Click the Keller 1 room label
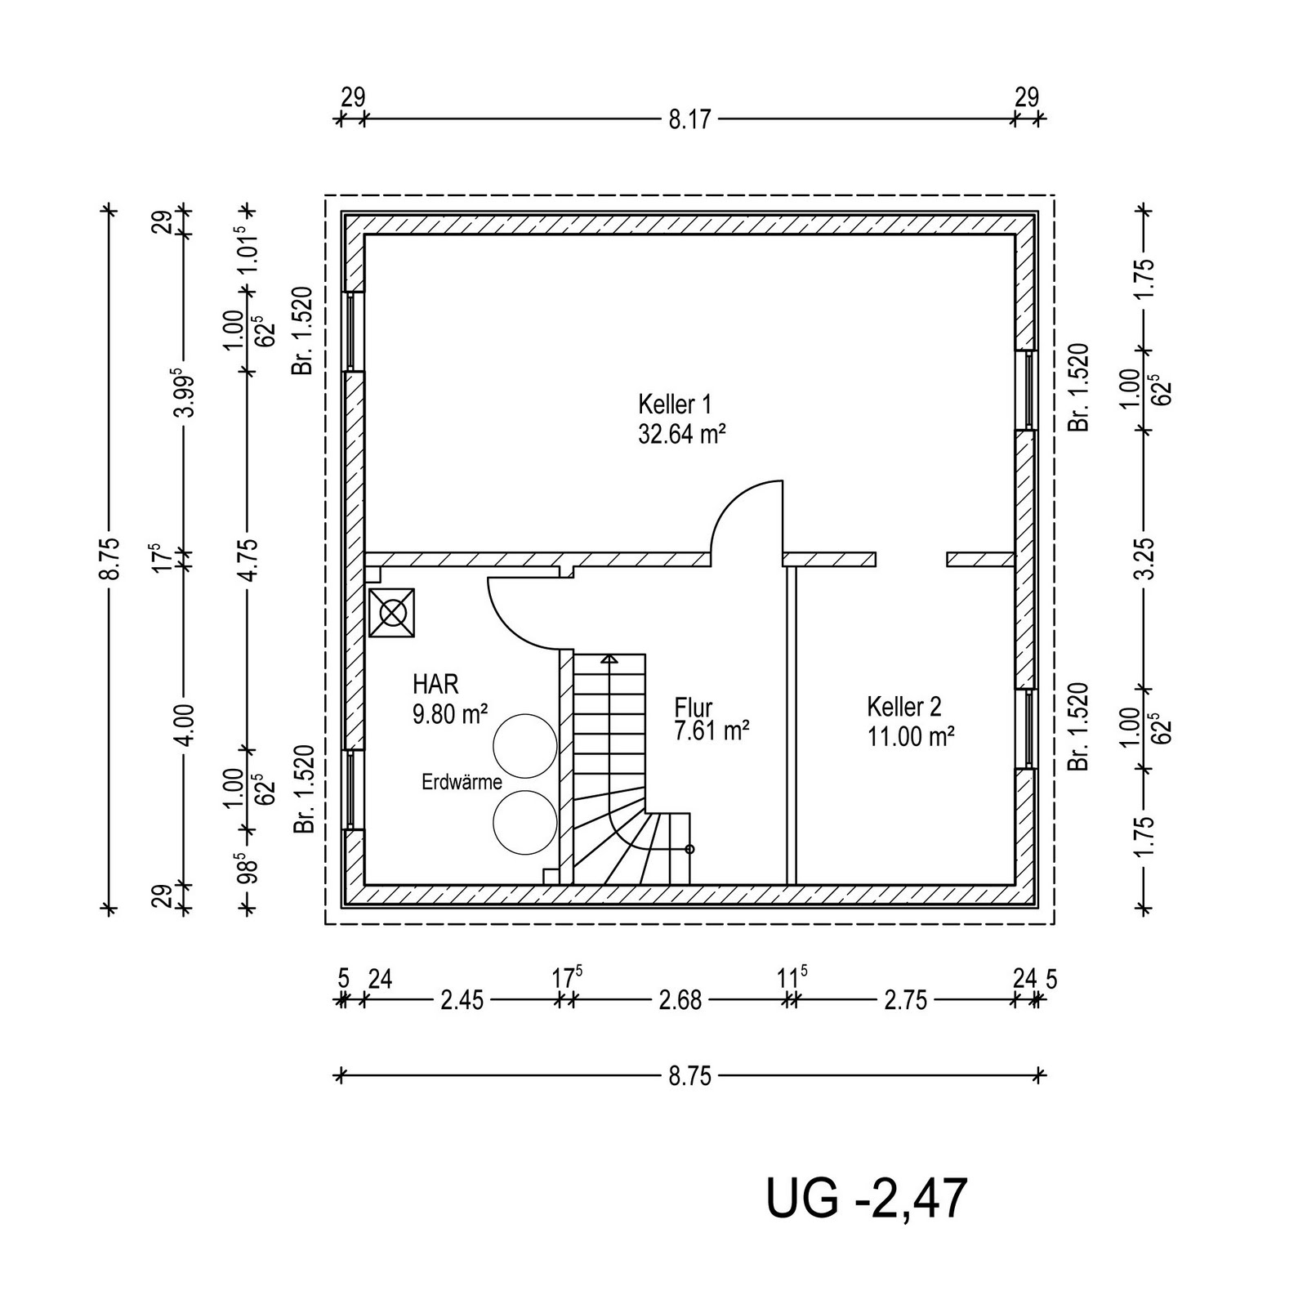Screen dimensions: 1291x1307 coord(675,404)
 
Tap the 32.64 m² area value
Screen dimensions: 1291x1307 coord(682,433)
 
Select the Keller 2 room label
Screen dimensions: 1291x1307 coord(904,707)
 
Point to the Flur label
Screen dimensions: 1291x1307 coord(694,707)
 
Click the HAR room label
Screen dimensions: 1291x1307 coord(435,683)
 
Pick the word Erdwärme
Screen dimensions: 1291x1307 coord(462,782)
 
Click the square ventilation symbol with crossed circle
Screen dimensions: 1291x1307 coord(392,612)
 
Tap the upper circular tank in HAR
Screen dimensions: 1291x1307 coord(524,745)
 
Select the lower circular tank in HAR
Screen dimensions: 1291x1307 coord(524,823)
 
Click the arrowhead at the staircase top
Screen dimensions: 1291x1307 coord(609,659)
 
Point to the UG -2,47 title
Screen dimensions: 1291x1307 coord(866,1199)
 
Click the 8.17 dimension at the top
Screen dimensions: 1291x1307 coord(690,120)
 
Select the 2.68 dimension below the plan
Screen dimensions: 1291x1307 coord(680,1000)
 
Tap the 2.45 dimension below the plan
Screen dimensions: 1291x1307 coord(462,1000)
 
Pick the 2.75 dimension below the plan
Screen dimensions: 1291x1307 coord(905,1000)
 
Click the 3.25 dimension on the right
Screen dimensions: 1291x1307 coord(1148,559)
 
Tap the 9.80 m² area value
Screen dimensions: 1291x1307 coord(450,714)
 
